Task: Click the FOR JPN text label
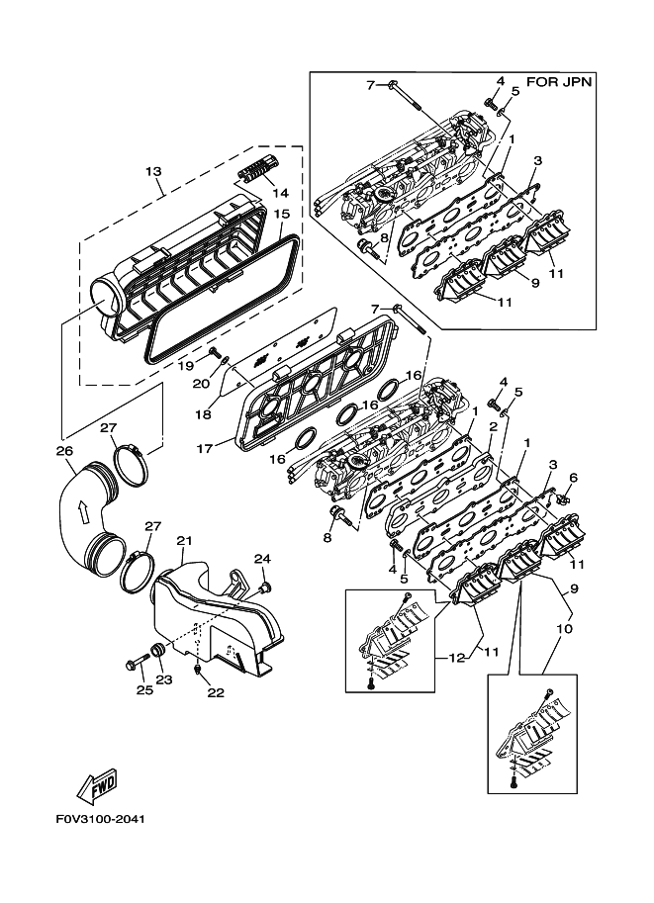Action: [x=559, y=82]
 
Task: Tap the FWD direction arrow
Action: [x=97, y=785]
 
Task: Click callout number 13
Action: [x=152, y=172]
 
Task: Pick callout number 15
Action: [x=281, y=214]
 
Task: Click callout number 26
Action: [x=64, y=450]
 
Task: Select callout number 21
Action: [x=183, y=540]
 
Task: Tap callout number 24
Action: [x=261, y=559]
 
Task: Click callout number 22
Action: [x=215, y=692]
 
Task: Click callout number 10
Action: [x=566, y=628]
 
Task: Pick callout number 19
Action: [x=186, y=365]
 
